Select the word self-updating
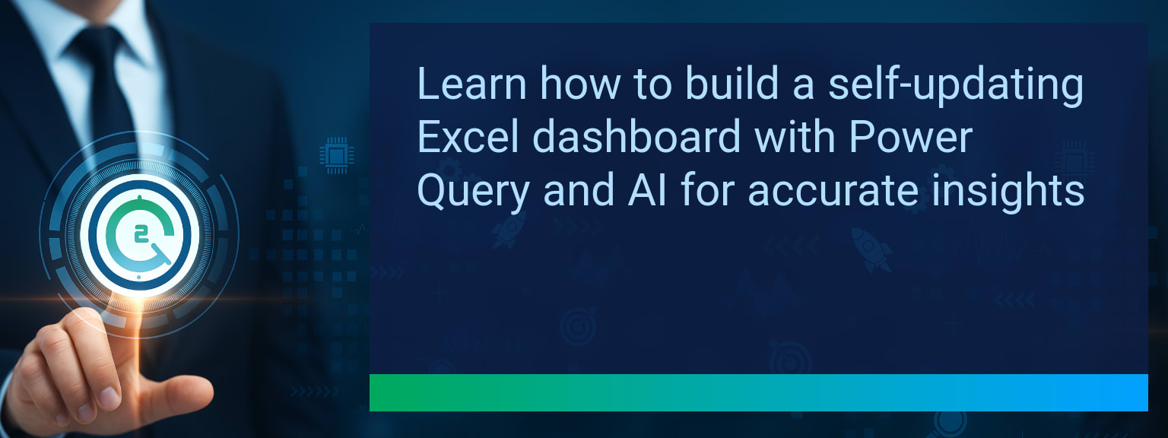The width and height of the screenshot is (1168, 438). (957, 86)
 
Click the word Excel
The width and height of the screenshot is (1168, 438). (468, 136)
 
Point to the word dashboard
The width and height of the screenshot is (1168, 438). (636, 136)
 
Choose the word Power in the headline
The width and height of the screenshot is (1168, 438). (911, 137)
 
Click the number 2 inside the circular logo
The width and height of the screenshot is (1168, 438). (140, 235)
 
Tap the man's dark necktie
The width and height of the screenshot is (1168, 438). (107, 89)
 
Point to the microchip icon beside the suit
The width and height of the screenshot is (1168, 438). (336, 155)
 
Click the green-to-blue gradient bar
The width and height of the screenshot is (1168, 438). (759, 392)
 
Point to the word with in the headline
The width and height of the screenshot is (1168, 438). (795, 136)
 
